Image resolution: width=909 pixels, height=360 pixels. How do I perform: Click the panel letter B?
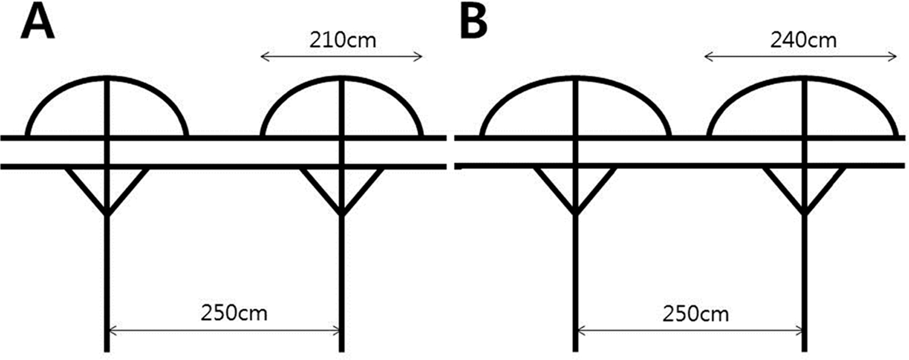pyautogui.click(x=474, y=24)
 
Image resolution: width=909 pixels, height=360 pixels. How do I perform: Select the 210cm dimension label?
pyautogui.click(x=343, y=40)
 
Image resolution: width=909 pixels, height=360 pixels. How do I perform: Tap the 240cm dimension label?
pyautogui.click(x=803, y=40)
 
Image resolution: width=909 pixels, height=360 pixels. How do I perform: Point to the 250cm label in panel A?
pyautogui.click(x=234, y=313)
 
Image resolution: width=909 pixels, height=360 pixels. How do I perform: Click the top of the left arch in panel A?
pyautogui.click(x=107, y=78)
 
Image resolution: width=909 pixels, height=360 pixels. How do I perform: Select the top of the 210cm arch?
pyautogui.click(x=341, y=78)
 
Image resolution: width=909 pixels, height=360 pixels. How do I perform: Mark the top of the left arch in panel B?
pyautogui.click(x=575, y=78)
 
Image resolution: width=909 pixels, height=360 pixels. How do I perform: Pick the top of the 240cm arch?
pyautogui.click(x=805, y=78)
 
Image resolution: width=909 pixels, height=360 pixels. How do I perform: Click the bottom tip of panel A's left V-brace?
pyautogui.click(x=107, y=214)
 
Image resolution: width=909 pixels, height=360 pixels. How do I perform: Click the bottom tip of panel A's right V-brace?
pyautogui.click(x=342, y=214)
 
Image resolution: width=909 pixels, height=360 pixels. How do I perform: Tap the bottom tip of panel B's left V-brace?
pyautogui.click(x=575, y=214)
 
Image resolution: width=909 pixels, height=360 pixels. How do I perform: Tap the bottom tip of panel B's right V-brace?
pyautogui.click(x=805, y=214)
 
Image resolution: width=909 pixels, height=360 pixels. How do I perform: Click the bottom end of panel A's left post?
pyautogui.click(x=107, y=351)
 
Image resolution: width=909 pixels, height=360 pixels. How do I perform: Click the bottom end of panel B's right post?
pyautogui.click(x=805, y=351)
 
